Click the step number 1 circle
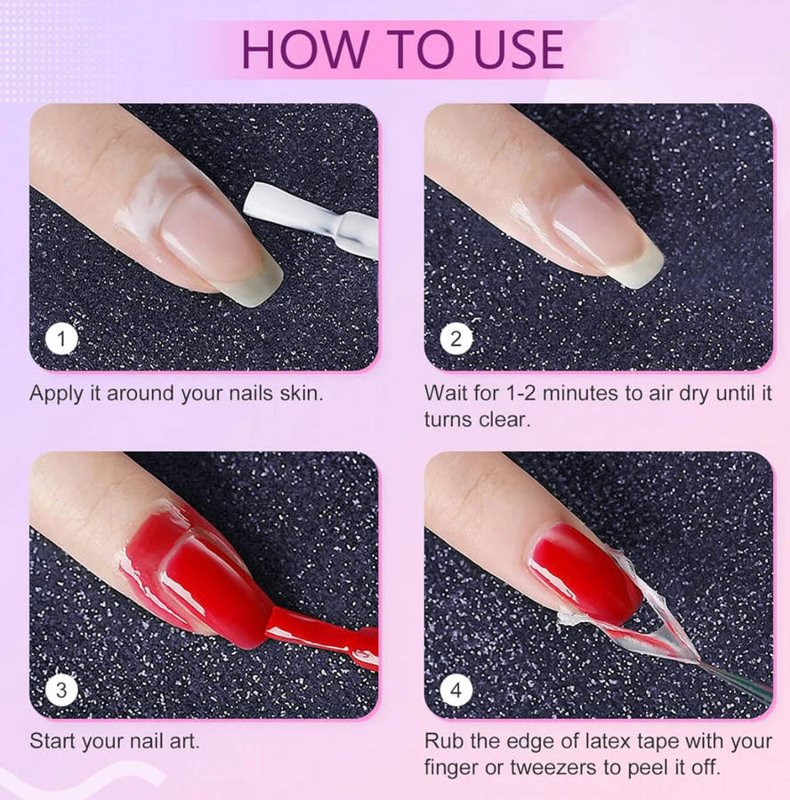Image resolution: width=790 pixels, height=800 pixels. point(61,339)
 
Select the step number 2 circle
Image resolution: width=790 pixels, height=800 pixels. point(456,339)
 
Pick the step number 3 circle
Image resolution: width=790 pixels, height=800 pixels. point(61,691)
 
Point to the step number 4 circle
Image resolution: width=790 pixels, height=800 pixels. point(456,691)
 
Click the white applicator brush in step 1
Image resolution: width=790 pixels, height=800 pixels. point(311,217)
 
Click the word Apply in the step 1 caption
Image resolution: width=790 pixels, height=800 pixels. point(56,395)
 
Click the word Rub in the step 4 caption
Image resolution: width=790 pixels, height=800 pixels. point(444,740)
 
